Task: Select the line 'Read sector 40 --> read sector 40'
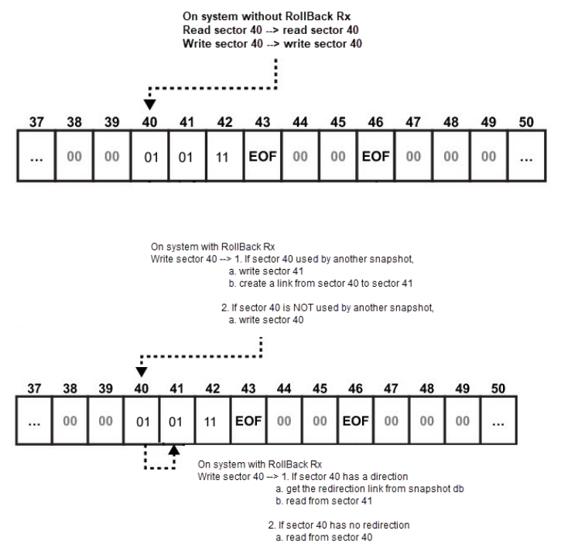tap(271, 30)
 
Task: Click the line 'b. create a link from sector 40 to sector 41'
tap(320, 284)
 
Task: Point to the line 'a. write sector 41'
tap(266, 271)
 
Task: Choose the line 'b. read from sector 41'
tap(323, 501)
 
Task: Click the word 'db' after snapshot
tap(458, 488)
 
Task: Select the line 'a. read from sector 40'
tap(323, 537)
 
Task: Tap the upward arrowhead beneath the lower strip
tap(174, 450)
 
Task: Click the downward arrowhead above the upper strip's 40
tap(149, 104)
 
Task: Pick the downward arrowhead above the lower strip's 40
tap(142, 372)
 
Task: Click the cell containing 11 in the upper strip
tap(224, 156)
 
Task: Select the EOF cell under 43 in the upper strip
tap(262, 156)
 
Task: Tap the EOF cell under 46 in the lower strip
tap(355, 420)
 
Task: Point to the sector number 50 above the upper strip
tap(526, 122)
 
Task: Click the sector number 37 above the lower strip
tap(34, 388)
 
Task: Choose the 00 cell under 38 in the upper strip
tap(74, 156)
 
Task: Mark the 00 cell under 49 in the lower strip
tap(462, 420)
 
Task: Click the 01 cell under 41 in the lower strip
tap(176, 420)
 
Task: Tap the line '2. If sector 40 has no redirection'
tap(339, 525)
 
